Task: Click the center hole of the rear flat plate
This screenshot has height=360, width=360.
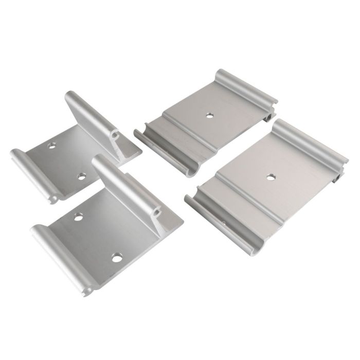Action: (x=210, y=115)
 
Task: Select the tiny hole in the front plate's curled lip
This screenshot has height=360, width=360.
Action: (x=223, y=223)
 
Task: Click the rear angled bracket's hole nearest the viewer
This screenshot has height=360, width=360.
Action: (x=81, y=176)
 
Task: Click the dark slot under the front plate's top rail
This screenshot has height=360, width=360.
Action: (x=339, y=176)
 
